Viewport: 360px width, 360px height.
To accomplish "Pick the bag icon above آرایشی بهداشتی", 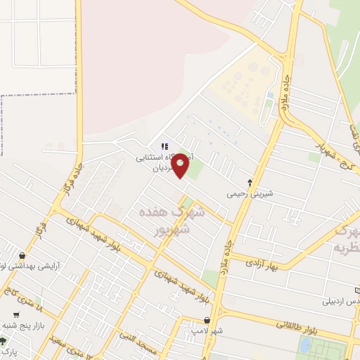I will (x=23, y=256).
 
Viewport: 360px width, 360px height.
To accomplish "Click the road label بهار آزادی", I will (x=262, y=262).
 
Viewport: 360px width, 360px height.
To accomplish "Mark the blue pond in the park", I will (x=305, y=345).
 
